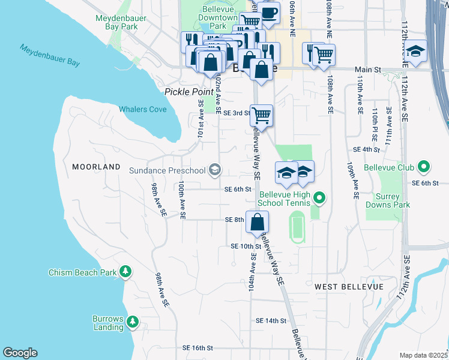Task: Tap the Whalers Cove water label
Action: coord(142,109)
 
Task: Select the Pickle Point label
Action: coord(189,91)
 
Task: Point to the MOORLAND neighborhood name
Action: coord(96,166)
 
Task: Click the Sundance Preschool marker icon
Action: coord(214,171)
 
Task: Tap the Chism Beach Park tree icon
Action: coord(125,272)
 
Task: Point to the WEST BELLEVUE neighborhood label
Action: coord(349,287)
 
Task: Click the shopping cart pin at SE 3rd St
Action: coord(261,115)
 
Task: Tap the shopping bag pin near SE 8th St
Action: coord(256,222)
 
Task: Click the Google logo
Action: coord(20,353)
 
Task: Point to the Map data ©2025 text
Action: coord(423,355)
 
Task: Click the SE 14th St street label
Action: coord(271,321)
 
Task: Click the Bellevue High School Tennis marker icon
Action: coord(319,197)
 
